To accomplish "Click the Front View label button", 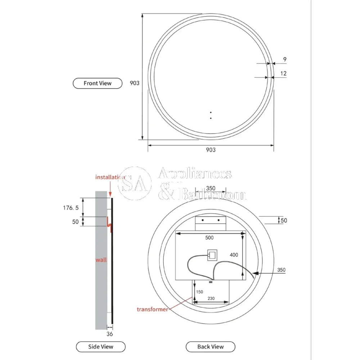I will [98, 83].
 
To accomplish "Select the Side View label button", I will [100, 347].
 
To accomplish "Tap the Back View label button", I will [210, 347].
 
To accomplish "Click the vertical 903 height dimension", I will [134, 83].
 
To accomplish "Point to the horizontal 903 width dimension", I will [211, 150].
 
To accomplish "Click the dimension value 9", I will [285, 59].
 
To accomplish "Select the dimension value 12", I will [284, 73].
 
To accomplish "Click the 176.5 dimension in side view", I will [70, 208].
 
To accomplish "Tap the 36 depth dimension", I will [110, 334].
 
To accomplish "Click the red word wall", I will [101, 260].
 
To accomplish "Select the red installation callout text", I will [110, 177].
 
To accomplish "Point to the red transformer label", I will [152, 309].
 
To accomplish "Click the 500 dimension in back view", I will [209, 238].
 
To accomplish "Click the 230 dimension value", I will [211, 298].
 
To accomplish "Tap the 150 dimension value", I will [199, 292].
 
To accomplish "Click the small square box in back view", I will [211, 255].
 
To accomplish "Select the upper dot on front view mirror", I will [211, 112].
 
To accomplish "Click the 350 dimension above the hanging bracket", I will [211, 188].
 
